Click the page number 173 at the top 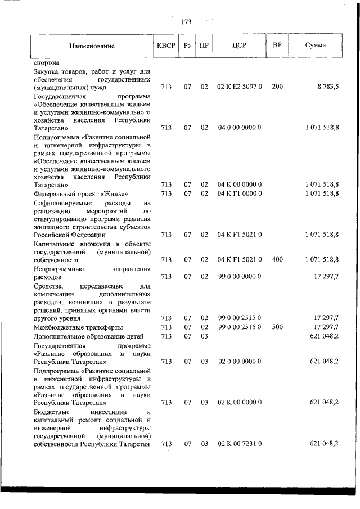pyautogui.click(x=187, y=22)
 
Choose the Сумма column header pyautogui.click(x=315, y=45)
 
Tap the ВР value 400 pyautogui.click(x=277, y=259)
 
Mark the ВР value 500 pyautogui.click(x=277, y=327)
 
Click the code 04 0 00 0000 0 pyautogui.click(x=239, y=128)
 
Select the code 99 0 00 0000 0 pyautogui.click(x=239, y=277)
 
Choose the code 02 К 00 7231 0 pyautogui.click(x=239, y=444)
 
